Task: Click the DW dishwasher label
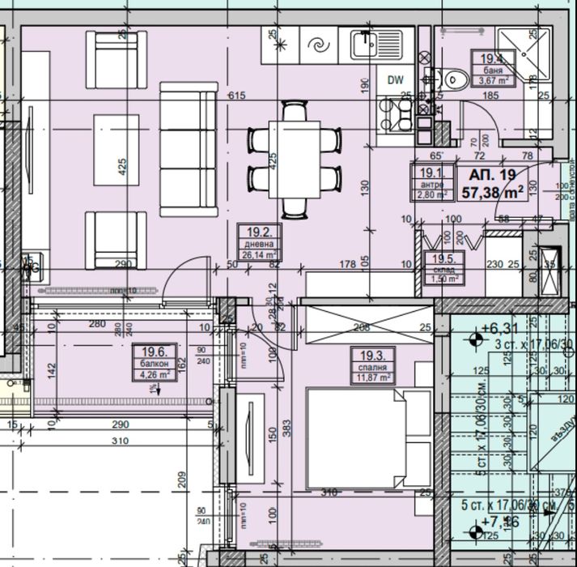(x=395, y=79)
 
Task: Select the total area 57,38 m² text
(x=491, y=192)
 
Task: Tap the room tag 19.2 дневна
(x=263, y=241)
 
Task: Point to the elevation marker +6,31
(x=497, y=328)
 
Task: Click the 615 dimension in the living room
(x=236, y=96)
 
